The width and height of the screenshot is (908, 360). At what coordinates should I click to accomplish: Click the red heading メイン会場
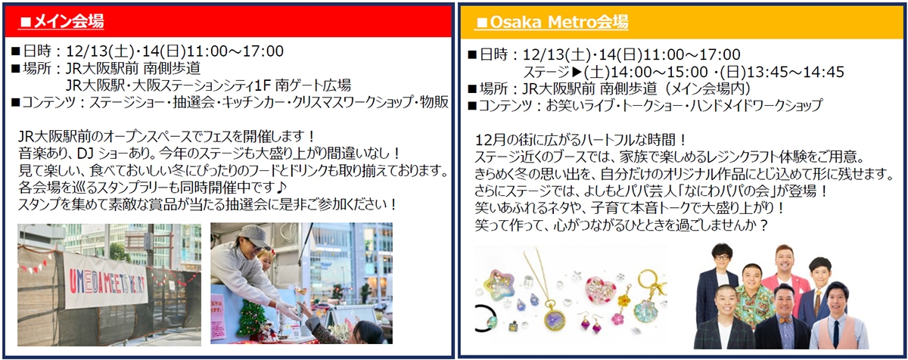(x=62, y=21)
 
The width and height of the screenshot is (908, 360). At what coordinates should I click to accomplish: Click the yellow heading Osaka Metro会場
(x=552, y=22)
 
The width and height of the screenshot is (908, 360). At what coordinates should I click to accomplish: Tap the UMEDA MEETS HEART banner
(x=106, y=281)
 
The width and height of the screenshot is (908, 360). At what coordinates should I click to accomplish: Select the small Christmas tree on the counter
(x=252, y=318)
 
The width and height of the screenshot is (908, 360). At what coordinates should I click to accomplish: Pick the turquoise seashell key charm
(x=645, y=310)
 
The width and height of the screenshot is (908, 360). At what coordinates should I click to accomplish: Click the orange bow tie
(x=785, y=321)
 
